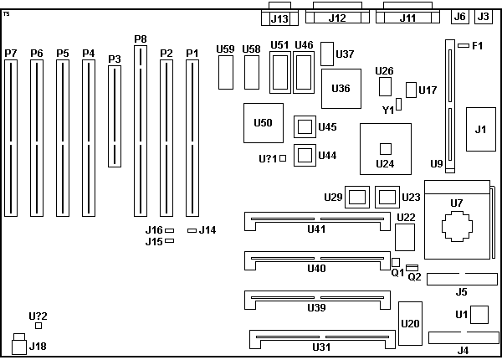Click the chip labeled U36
click(341, 88)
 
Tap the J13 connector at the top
click(279, 18)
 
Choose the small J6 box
click(458, 16)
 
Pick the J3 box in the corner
click(483, 16)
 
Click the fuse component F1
click(463, 45)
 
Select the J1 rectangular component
click(479, 129)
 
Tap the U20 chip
click(411, 323)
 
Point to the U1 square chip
click(479, 315)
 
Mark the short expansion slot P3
click(115, 116)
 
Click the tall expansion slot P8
click(140, 130)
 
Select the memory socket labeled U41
click(316, 221)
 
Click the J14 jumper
click(192, 229)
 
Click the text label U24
click(385, 163)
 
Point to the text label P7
click(10, 53)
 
